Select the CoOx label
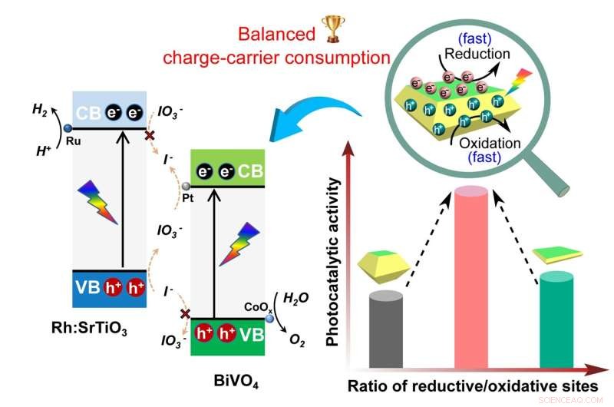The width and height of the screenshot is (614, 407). pos(254,306)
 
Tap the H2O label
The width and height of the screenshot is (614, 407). pos(296,298)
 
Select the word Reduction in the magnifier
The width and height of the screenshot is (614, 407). pos(478,55)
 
